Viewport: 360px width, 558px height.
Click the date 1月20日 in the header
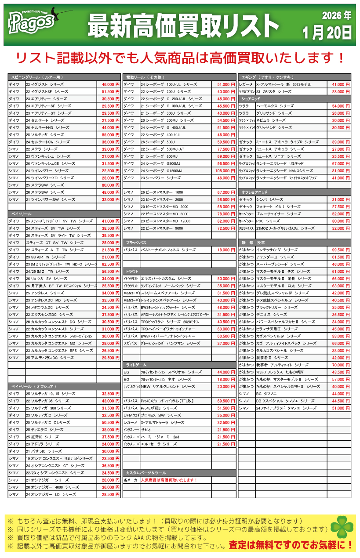pyautogui.click(x=327, y=33)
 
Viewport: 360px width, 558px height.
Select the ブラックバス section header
pyautogui.click(x=136, y=243)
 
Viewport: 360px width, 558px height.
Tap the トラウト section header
pyautogui.click(x=132, y=271)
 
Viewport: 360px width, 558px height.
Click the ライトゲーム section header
pyautogui.click(x=136, y=365)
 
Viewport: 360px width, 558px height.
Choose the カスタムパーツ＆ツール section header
pyautogui.click(x=145, y=473)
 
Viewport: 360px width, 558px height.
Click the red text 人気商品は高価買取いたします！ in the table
pyautogui.click(x=169, y=480)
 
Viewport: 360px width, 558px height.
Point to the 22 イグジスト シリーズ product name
pyautogui.click(x=44, y=84)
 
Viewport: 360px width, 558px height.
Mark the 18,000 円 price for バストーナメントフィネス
pyautogui.click(x=226, y=250)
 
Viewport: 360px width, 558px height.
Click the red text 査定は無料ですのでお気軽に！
pyautogui.click(x=291, y=545)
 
